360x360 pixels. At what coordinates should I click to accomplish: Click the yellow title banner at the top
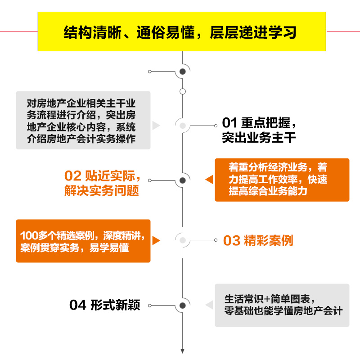coord(182,32)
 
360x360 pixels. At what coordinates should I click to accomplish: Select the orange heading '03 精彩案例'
coord(258,241)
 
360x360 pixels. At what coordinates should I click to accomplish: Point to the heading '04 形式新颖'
coord(105,305)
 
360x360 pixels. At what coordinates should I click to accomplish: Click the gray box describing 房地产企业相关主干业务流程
coord(83,120)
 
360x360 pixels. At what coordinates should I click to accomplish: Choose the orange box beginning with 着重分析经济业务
coord(282,180)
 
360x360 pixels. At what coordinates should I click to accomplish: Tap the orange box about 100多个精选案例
coord(83,241)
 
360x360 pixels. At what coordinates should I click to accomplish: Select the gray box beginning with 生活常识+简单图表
coord(282,305)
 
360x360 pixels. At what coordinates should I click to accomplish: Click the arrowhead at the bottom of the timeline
coord(183,351)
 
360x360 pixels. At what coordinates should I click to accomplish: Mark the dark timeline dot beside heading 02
coord(183,180)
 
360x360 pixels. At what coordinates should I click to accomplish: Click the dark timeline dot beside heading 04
coord(183,305)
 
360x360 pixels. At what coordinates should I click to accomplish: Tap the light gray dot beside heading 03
coord(183,240)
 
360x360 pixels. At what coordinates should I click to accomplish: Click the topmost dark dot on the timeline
coord(183,72)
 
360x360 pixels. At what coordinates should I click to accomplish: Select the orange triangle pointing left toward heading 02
coord(209,180)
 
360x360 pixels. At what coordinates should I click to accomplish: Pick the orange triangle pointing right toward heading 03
coord(156,241)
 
